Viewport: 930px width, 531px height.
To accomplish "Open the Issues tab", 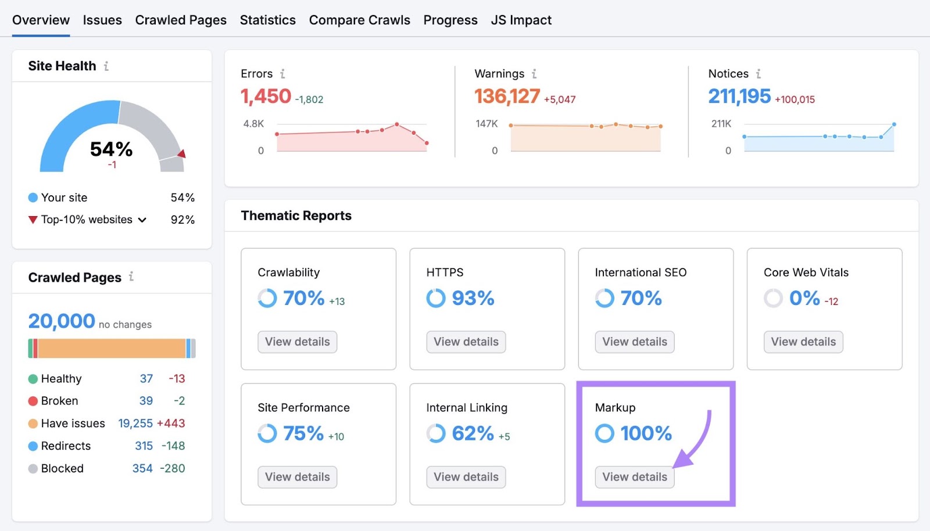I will point(102,20).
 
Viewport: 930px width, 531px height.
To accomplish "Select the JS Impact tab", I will point(521,20).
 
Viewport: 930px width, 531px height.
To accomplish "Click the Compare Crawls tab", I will point(359,20).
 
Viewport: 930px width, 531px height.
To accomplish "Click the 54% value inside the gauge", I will point(111,149).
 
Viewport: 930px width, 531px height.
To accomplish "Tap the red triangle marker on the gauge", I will point(182,154).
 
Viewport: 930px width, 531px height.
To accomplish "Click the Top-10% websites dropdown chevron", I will point(142,220).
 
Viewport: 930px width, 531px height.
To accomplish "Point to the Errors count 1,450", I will point(266,96).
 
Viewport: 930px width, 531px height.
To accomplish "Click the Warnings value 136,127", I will point(507,96).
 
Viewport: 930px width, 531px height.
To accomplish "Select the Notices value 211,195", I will point(739,96).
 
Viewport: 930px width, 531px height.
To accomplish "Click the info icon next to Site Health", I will point(106,66).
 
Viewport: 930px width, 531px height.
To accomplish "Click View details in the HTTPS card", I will point(466,342).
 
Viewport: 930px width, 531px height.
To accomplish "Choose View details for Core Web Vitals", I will point(803,342).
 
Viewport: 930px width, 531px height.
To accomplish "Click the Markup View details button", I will point(634,477).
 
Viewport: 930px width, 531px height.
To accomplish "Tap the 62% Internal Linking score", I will point(473,433).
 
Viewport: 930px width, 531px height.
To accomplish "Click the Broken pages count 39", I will point(146,401).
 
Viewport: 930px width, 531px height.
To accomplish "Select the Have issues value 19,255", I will point(135,424).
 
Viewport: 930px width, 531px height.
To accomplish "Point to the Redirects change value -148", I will point(173,446).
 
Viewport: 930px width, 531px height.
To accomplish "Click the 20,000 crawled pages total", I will point(62,321).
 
